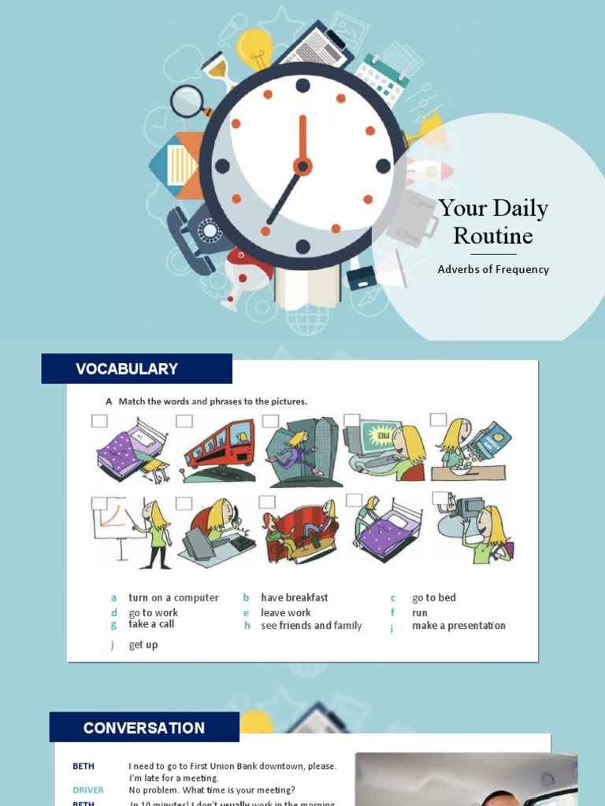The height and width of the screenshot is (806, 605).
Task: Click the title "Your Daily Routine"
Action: coord(493,222)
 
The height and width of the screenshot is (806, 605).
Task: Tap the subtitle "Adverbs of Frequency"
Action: coord(493,269)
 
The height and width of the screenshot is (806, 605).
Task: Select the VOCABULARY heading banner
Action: coord(136,368)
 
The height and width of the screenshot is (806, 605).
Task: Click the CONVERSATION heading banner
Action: coord(144,727)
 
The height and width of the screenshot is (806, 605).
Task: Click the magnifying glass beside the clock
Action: coord(188,102)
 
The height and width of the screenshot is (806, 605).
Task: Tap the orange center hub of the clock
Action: coord(302,166)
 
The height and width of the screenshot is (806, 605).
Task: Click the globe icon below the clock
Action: coord(308,319)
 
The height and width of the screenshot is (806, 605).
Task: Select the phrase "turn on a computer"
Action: coord(173,598)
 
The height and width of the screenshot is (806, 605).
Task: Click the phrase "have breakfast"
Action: coord(295,598)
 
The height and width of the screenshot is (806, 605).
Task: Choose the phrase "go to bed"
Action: coord(434,598)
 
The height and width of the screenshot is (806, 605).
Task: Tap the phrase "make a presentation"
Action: coord(458,626)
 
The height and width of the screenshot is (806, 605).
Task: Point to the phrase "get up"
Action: coord(143,645)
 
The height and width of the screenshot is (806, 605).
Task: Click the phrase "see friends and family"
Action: coord(311,626)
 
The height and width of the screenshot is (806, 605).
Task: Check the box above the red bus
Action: coord(184,421)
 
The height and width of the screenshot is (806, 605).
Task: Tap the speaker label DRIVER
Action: coord(88,790)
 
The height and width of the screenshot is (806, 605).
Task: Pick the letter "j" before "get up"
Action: coord(113,645)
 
